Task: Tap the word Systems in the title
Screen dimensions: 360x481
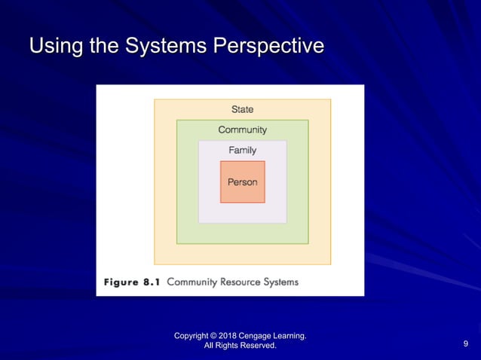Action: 162,47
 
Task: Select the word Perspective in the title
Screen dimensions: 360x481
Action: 269,47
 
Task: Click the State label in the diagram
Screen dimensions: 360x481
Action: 242,110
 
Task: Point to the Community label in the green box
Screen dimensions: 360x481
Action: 242,130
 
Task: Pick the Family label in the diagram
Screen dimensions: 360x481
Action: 242,150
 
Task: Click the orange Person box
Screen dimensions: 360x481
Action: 242,182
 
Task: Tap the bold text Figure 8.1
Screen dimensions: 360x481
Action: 132,282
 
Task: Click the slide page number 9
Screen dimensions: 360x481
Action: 465,345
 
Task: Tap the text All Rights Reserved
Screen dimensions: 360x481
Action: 240,346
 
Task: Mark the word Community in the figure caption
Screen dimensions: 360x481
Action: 191,282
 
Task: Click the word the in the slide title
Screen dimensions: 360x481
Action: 100,47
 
